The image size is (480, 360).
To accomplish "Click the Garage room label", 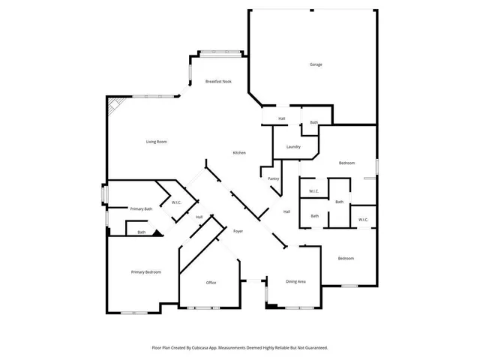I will pyautogui.click(x=316, y=64).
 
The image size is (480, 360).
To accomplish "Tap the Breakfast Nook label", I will pyautogui.click(x=218, y=81).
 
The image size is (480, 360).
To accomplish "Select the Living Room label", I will pyautogui.click(x=156, y=142).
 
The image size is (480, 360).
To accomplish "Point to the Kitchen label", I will pyautogui.click(x=239, y=153).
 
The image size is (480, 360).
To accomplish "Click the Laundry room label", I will pyautogui.click(x=293, y=147).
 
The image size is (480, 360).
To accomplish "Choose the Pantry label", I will pyautogui.click(x=274, y=178).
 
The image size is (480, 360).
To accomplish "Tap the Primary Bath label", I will pyautogui.click(x=141, y=208).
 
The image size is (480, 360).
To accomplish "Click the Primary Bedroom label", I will pyautogui.click(x=146, y=271).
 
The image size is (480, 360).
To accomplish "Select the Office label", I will pyautogui.click(x=211, y=283).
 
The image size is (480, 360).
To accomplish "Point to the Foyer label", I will pyautogui.click(x=238, y=231).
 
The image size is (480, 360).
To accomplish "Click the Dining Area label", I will pyautogui.click(x=295, y=281).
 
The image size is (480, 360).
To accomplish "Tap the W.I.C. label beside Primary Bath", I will pyautogui.click(x=176, y=202).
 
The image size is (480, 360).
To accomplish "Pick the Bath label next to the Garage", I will pyautogui.click(x=313, y=122).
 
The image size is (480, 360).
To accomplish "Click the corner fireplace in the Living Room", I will pyautogui.click(x=113, y=106).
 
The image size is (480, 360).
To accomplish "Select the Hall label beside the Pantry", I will pyautogui.click(x=286, y=212).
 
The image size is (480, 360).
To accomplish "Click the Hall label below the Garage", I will pyautogui.click(x=281, y=118).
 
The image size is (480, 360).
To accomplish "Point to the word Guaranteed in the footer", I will pyautogui.click(x=313, y=348).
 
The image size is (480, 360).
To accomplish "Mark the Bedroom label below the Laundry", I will pyautogui.click(x=346, y=163).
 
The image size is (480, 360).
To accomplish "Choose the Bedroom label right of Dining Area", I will pyautogui.click(x=345, y=259).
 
